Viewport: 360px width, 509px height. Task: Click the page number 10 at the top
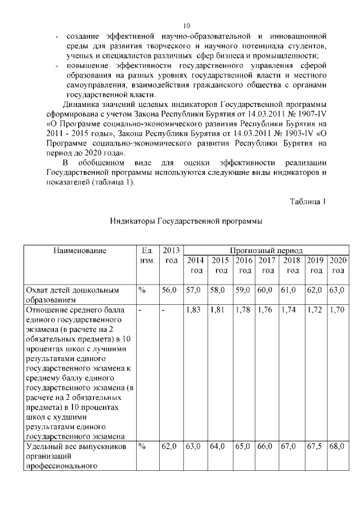tap(187, 26)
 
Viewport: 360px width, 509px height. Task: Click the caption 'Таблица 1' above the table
tap(308, 201)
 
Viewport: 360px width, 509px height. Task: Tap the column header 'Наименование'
tap(79, 250)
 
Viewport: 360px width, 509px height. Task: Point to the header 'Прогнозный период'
tap(266, 250)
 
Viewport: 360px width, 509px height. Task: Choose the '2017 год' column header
tap(266, 265)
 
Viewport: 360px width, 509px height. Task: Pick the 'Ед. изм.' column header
tap(146, 255)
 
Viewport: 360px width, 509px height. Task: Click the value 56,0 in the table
tap(170, 290)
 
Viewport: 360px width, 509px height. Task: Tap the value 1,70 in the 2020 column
tap(337, 310)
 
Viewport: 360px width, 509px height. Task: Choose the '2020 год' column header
tap(337, 265)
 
